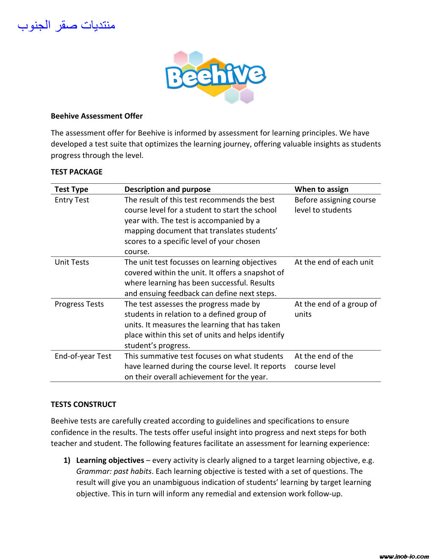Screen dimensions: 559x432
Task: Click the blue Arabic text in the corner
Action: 66,25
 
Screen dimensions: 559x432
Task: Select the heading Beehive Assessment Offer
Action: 97,116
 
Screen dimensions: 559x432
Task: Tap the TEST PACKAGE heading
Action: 77,172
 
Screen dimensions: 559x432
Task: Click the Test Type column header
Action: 71,189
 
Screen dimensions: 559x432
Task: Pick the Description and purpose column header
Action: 167,189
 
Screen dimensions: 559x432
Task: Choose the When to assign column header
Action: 321,189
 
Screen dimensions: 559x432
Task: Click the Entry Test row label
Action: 72,200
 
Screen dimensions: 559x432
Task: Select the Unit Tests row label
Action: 72,262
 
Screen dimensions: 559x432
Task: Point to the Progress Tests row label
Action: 79,304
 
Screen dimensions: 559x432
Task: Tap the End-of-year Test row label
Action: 83,356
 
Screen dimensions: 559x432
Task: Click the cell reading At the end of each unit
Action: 334,262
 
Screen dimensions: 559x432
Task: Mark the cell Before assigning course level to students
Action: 335,205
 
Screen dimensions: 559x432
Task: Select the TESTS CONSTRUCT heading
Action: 83,404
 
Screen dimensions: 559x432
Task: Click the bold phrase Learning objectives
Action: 110,460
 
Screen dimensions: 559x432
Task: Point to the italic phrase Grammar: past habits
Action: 114,471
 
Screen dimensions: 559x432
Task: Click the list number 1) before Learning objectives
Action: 67,460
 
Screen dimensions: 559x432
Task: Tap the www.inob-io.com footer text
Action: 404,556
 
